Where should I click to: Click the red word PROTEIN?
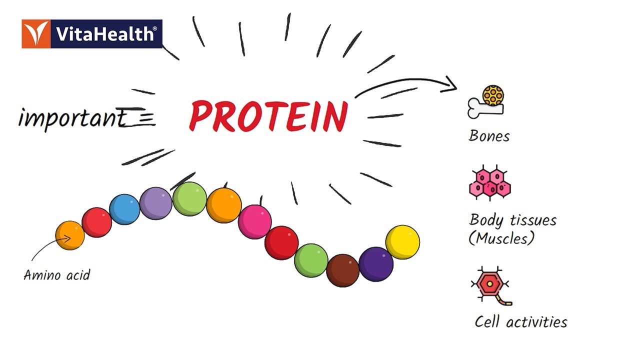[x=268, y=115]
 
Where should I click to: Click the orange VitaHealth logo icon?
[x=35, y=34]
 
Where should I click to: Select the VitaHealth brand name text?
[x=106, y=34]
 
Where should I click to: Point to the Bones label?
[x=489, y=136]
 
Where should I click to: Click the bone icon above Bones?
[x=486, y=103]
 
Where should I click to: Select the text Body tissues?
[x=512, y=220]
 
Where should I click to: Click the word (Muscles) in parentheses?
[x=501, y=238]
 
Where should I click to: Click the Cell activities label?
[x=520, y=321]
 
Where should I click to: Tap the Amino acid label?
[x=56, y=274]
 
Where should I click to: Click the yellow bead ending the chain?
[x=402, y=242]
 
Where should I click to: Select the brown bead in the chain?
[x=342, y=270]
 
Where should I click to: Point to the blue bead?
[x=124, y=209]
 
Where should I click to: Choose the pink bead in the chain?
[x=254, y=221]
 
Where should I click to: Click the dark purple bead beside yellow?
[x=376, y=264]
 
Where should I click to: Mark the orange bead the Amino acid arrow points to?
[x=69, y=235]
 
